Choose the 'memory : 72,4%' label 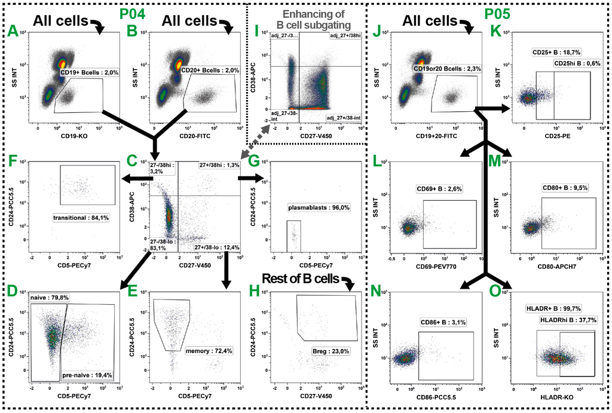pos(208,350)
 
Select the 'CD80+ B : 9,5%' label pos(565,187)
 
